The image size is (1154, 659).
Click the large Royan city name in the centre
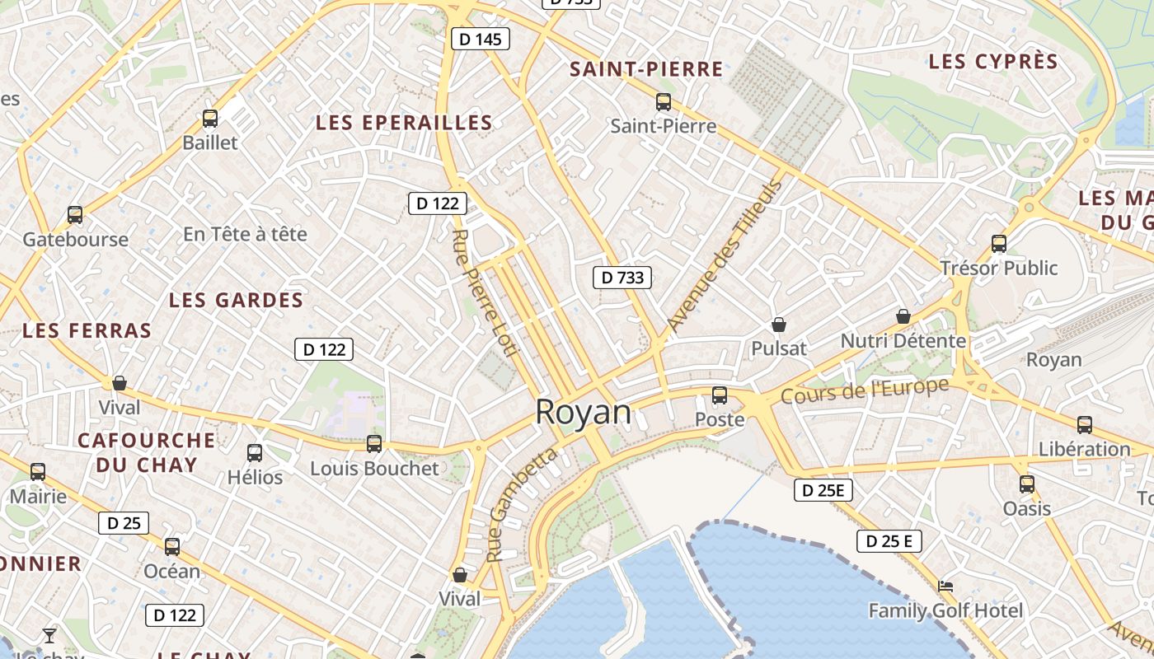click(x=583, y=412)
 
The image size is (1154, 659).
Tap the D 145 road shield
click(x=481, y=39)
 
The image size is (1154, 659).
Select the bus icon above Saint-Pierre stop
click(x=664, y=102)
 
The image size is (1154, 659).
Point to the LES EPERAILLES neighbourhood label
click(x=404, y=123)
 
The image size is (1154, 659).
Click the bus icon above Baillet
click(x=210, y=119)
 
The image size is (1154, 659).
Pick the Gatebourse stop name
click(x=75, y=240)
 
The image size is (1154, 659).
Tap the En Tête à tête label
click(x=245, y=234)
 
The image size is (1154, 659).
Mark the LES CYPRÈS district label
click(x=992, y=62)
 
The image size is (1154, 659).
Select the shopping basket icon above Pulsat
click(x=778, y=325)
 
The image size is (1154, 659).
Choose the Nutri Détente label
click(x=903, y=340)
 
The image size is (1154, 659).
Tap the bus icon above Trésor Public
click(x=999, y=244)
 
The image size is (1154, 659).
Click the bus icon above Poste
click(x=720, y=395)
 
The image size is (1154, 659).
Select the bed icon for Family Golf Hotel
click(x=946, y=587)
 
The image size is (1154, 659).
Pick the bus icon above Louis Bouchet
click(x=374, y=444)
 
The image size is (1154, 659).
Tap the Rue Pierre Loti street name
click(x=485, y=293)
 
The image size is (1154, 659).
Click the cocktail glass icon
click(x=49, y=635)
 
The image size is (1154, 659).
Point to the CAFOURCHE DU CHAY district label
click(x=146, y=452)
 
